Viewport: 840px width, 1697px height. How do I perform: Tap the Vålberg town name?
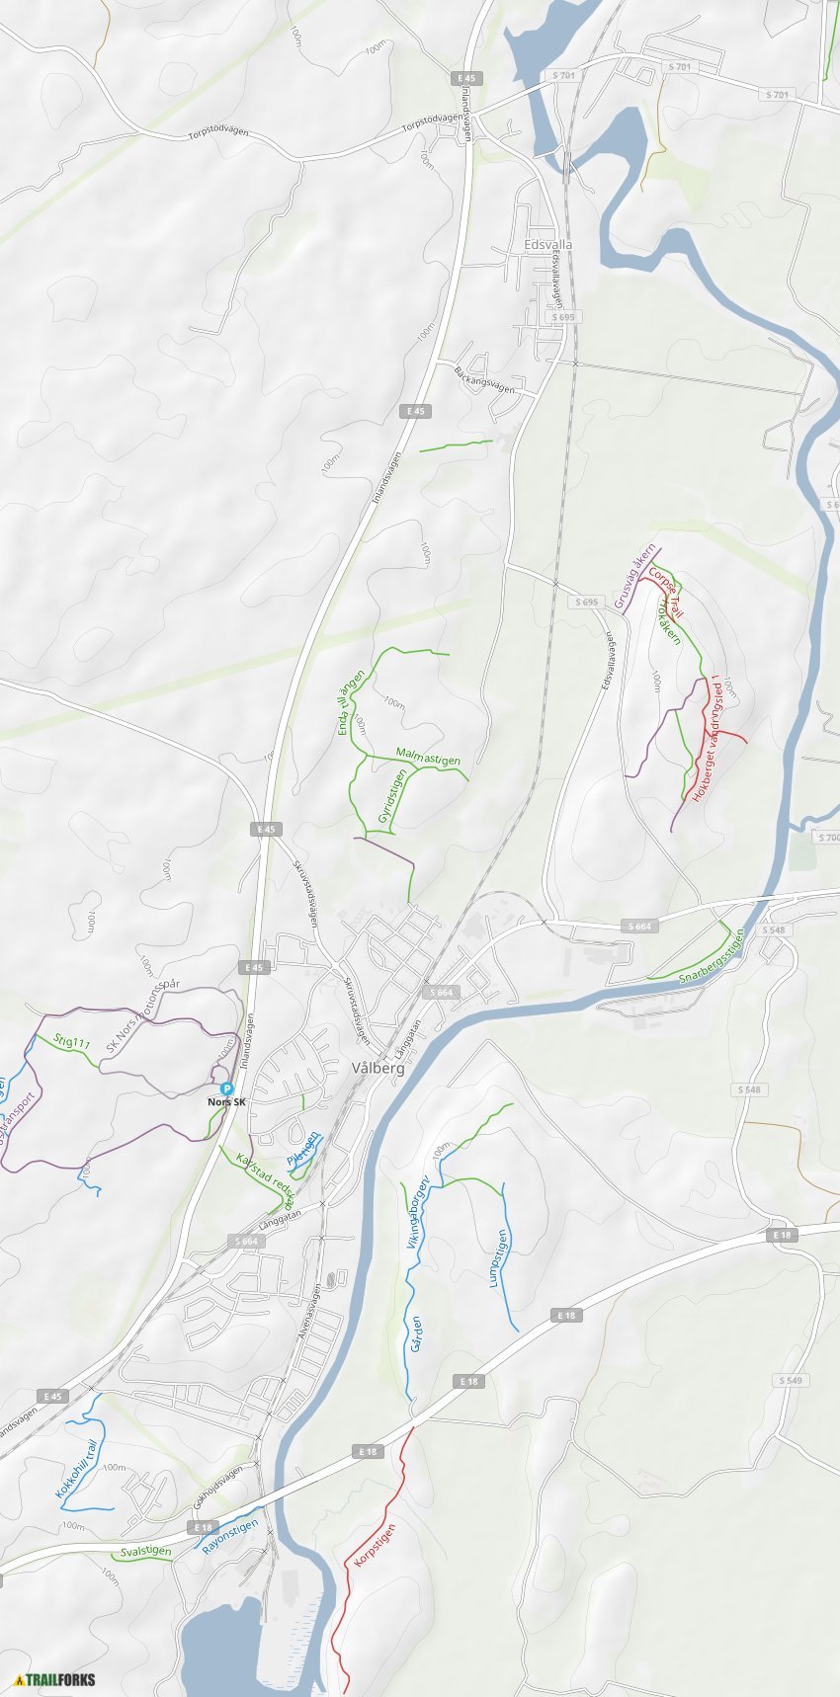378,1068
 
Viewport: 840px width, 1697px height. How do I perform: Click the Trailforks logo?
55,1679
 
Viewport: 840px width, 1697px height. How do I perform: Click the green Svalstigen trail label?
145,1551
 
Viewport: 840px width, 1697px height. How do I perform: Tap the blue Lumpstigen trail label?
500,1258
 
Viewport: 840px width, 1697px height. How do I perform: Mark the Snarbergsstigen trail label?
713,956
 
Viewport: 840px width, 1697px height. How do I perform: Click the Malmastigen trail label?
428,757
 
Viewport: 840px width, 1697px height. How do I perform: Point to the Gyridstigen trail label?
391,797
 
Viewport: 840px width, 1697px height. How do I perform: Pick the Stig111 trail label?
72,1042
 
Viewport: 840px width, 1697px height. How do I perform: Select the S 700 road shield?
828,838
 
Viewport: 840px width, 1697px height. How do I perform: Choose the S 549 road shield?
790,1380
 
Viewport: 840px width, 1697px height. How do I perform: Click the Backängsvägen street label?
485,378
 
